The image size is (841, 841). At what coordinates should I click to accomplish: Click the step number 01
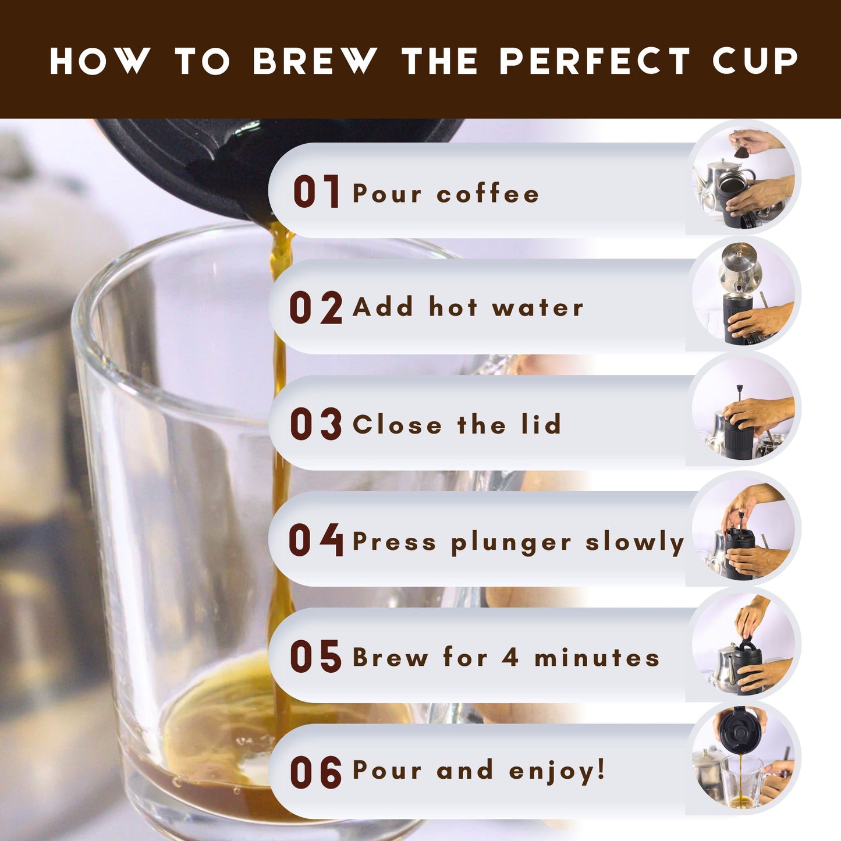coord(317,191)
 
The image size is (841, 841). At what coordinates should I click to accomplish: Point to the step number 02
coord(316,307)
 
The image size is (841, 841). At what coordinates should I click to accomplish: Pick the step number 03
coord(316,423)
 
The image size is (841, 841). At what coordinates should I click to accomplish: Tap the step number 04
coord(316,540)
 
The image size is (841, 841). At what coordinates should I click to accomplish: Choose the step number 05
coord(316,656)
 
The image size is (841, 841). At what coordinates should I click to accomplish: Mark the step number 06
coord(316,772)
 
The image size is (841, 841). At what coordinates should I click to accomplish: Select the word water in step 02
coord(538,307)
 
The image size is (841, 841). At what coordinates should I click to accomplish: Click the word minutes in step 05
coord(597,657)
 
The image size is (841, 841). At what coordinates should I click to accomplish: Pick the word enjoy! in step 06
coord(557,771)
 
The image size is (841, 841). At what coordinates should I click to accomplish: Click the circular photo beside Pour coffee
coord(743,178)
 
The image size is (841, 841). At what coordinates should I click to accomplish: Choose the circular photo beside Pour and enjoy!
coord(743,759)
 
